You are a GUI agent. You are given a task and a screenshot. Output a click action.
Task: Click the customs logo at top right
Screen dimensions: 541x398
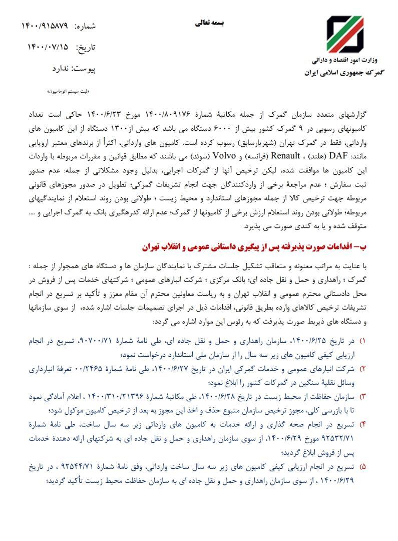tap(345, 35)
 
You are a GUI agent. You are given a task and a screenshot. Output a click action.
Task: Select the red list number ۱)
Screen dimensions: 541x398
tap(363, 341)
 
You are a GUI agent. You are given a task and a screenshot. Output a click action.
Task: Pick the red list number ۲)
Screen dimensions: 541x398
tap(363, 369)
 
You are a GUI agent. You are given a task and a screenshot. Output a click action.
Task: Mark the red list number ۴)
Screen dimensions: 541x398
tap(363, 424)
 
